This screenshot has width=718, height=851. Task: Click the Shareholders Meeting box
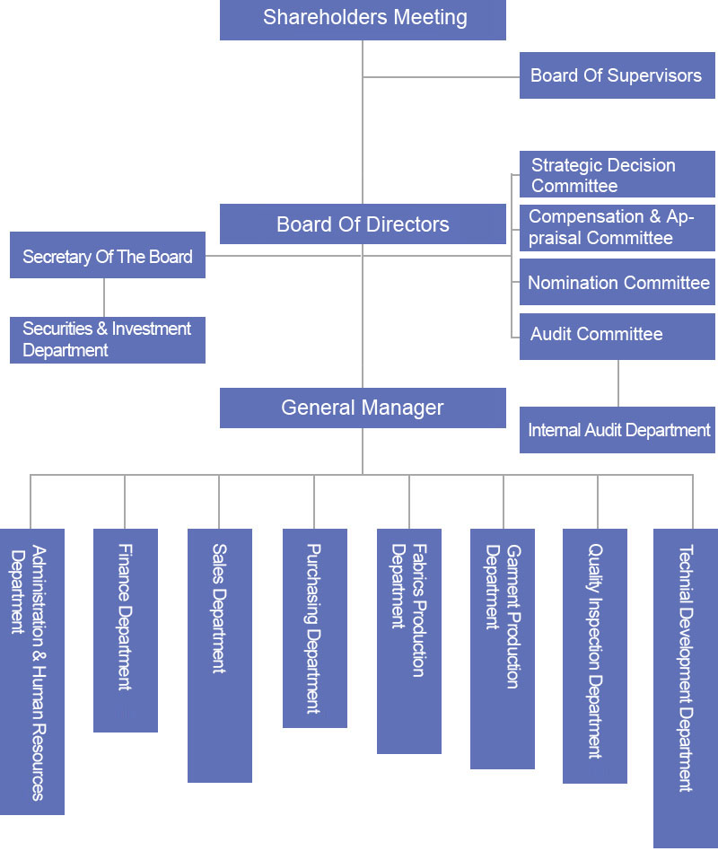coord(363,20)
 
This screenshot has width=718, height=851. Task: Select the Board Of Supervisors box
coord(617,75)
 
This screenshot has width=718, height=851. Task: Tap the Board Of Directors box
coord(363,224)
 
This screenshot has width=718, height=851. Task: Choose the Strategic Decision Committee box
coord(617,175)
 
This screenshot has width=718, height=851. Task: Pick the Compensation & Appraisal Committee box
coord(617,227)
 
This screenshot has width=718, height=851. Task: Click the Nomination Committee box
coord(617,283)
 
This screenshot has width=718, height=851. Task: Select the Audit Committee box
coord(617,336)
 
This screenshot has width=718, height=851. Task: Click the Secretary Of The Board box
coord(108,256)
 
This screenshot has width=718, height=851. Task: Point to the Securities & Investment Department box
coord(108,340)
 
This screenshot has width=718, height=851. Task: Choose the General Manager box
coord(363,408)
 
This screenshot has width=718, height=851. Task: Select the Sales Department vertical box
coord(220,655)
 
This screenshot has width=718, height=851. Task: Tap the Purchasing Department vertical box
coord(314,628)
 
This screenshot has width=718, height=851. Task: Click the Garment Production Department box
coord(503,648)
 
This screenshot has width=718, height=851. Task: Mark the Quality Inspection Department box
coord(595,655)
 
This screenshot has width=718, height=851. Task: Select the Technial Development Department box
coord(686,687)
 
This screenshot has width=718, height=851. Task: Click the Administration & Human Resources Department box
coord(31,671)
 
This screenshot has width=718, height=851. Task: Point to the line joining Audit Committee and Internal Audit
coord(617,383)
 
